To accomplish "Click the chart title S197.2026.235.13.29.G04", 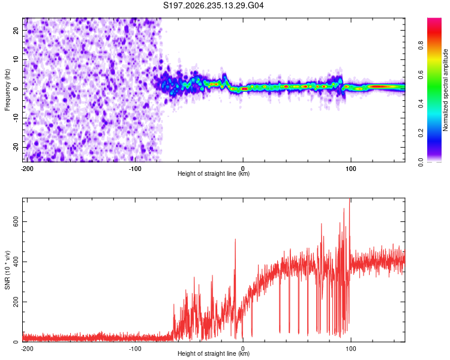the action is [x=213, y=5].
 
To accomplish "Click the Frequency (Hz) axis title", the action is [x=7, y=90].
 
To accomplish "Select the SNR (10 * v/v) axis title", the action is [x=7, y=270].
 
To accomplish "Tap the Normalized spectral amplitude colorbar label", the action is [x=445, y=90].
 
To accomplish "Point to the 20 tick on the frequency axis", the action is [x=16, y=30].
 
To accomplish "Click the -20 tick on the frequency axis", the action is [x=16, y=147].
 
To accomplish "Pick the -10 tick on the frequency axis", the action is [x=16, y=118].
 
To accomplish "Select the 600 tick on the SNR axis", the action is [x=16, y=221].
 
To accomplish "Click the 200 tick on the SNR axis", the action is [x=16, y=302].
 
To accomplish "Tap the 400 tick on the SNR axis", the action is [x=16, y=262].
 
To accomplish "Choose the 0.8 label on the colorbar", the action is [x=421, y=46].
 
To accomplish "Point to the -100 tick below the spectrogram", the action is [x=135, y=169].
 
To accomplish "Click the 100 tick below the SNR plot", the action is [x=351, y=349].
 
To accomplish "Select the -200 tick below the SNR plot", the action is [x=27, y=349].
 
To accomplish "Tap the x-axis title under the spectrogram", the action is [x=214, y=173].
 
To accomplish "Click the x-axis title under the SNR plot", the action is [x=214, y=353].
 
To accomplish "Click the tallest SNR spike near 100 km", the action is [x=349, y=199].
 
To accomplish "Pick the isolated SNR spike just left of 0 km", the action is [x=235, y=240].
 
